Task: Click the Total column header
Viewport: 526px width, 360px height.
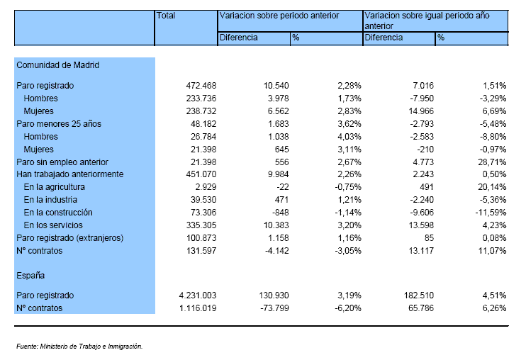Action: (x=166, y=16)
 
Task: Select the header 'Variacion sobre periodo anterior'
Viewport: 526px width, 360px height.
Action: (x=279, y=16)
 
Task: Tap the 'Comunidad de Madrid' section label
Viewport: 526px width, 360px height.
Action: (x=57, y=65)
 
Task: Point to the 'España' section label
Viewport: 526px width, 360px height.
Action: (x=30, y=276)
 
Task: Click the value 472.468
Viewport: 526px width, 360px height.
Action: (x=201, y=86)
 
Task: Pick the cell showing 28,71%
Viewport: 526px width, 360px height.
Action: (x=492, y=162)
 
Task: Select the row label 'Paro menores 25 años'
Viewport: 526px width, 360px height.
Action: (x=59, y=124)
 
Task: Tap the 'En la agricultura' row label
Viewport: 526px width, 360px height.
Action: (x=55, y=187)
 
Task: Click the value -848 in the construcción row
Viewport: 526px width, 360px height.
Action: (x=281, y=213)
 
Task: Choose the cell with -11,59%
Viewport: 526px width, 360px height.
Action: (x=491, y=213)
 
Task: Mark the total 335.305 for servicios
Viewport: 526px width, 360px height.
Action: (x=201, y=225)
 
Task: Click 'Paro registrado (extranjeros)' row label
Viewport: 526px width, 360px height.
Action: (x=70, y=238)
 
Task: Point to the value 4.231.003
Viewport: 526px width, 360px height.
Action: (x=198, y=296)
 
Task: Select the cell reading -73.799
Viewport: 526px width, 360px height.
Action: (x=275, y=308)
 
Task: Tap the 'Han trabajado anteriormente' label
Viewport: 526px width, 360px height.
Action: (x=70, y=174)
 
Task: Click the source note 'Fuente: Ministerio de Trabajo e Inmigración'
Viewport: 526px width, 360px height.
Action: (x=79, y=347)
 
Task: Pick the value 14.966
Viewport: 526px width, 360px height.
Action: (x=421, y=111)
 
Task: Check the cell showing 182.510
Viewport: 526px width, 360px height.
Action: (x=419, y=296)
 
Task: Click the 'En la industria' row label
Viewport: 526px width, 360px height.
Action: (x=50, y=200)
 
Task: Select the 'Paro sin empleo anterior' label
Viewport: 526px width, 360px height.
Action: (x=62, y=162)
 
